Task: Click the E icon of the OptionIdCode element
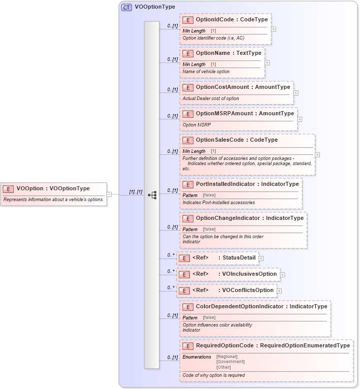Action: tap(187, 20)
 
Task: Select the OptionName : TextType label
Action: tap(228, 53)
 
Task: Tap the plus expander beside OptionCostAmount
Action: tap(296, 93)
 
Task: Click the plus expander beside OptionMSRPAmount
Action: tap(300, 119)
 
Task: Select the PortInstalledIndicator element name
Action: tap(226, 184)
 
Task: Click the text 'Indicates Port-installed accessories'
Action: tap(218, 203)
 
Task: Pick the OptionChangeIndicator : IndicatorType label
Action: tap(249, 218)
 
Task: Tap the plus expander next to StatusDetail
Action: tap(261, 258)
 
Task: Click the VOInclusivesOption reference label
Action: tap(249, 274)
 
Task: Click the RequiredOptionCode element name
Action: tap(225, 346)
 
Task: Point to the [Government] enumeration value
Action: tap(230, 362)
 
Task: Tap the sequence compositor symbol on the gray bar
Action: tap(151, 195)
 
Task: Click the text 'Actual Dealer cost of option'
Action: tap(210, 99)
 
